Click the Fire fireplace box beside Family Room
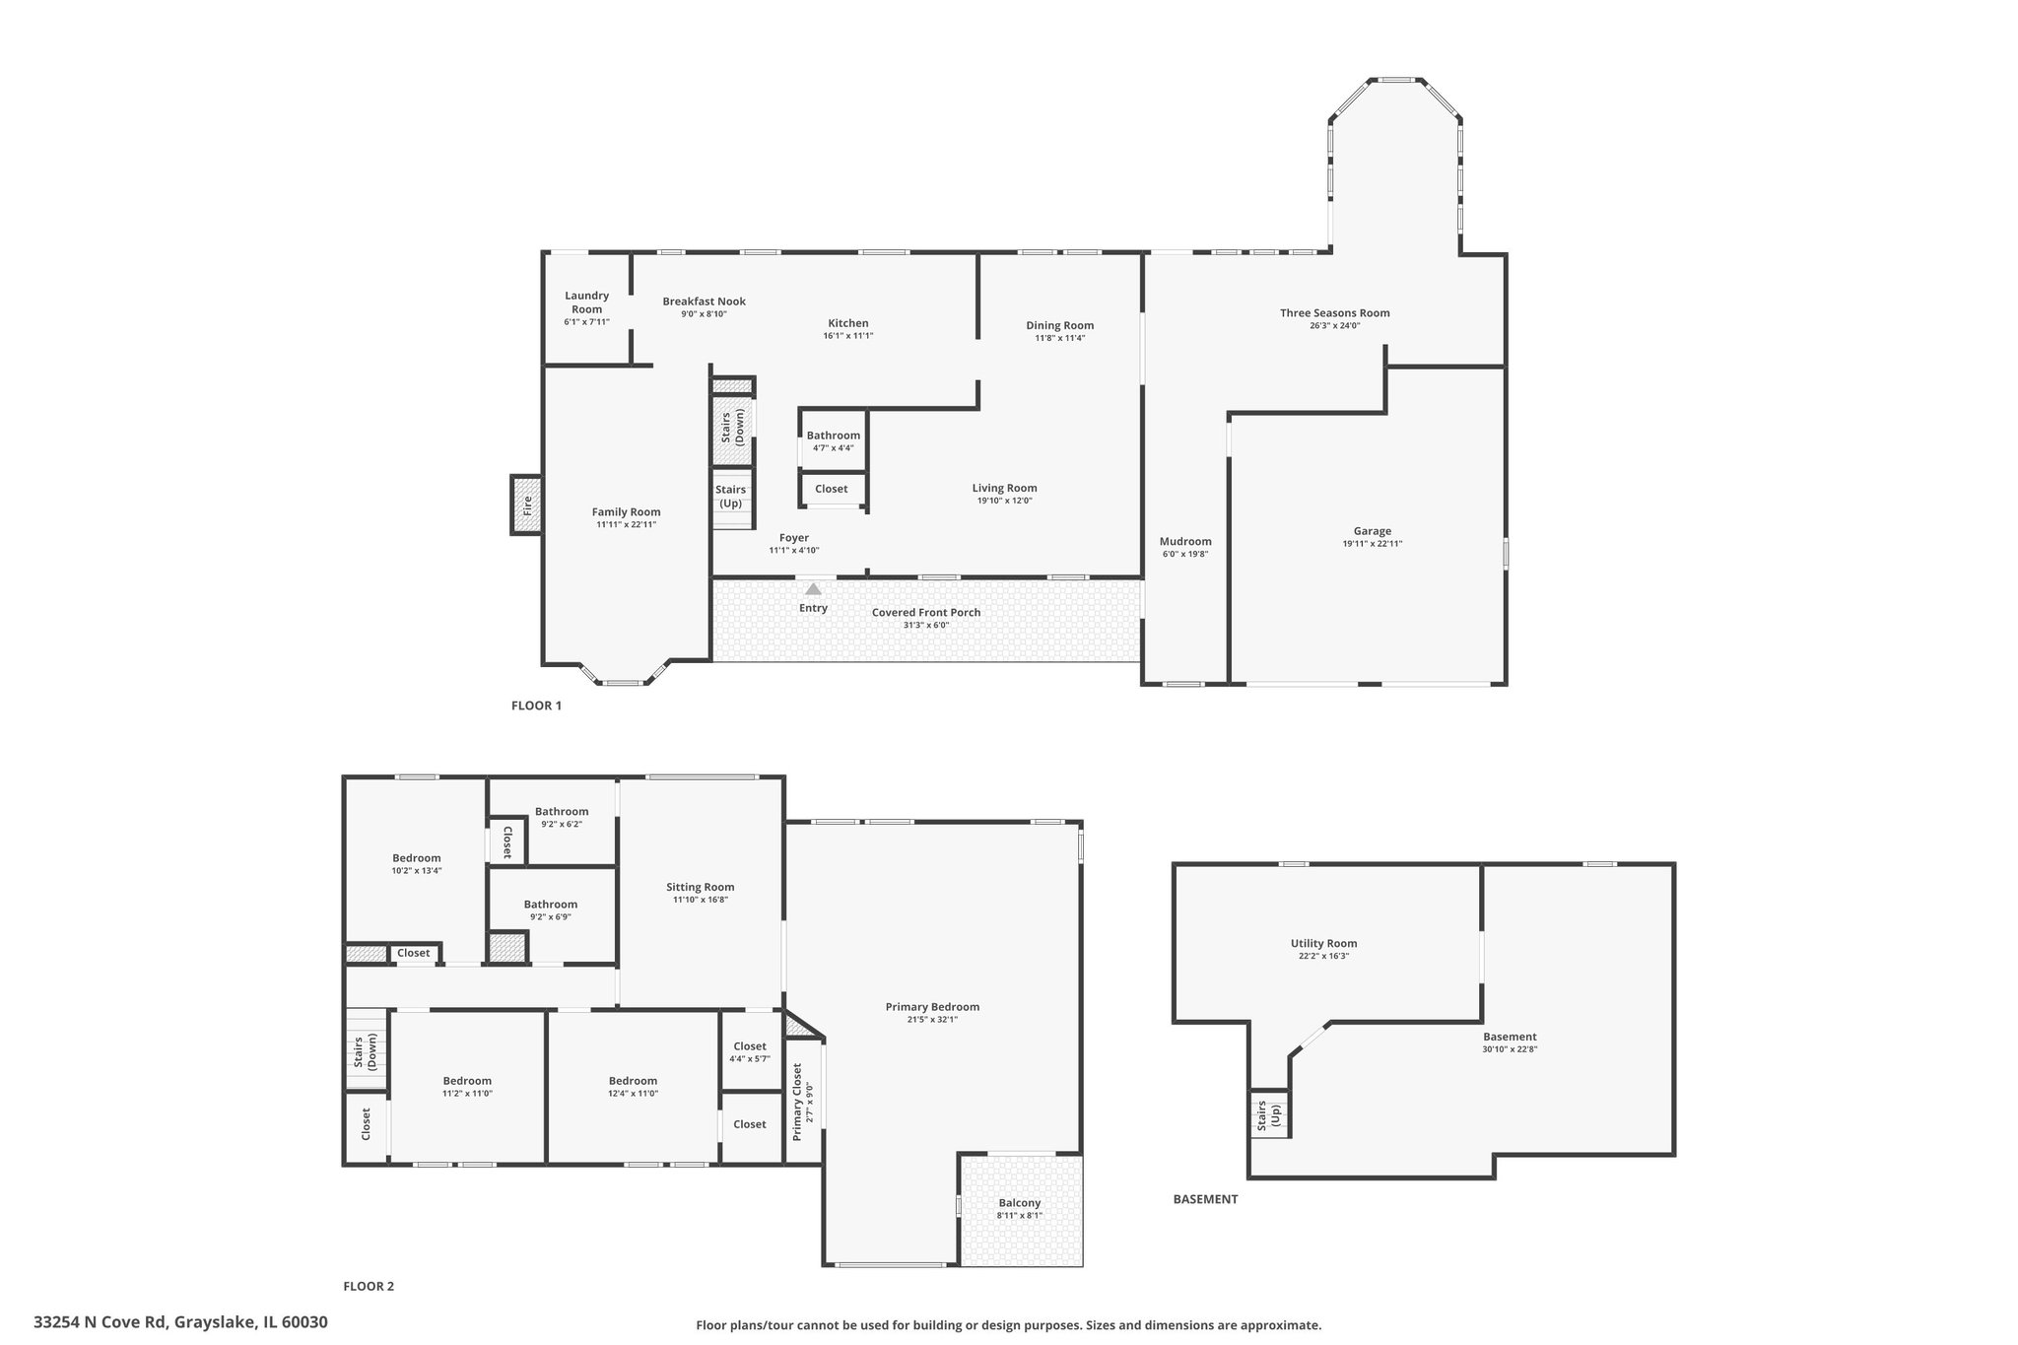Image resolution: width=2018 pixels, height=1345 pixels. point(527,505)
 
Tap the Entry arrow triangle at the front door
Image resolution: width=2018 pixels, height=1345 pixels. point(813,589)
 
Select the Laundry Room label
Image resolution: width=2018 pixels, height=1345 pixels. point(586,303)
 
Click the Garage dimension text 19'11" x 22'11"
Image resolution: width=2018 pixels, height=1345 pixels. point(1372,544)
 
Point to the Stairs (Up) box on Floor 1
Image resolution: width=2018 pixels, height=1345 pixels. point(731,498)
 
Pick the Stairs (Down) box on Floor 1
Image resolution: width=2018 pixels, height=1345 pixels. point(733,426)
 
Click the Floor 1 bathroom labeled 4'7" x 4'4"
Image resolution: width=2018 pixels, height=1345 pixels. point(833,440)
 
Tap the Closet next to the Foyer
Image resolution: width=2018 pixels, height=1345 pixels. point(831,489)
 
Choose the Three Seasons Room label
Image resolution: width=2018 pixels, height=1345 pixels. point(1334,313)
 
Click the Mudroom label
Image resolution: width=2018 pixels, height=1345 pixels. point(1184,541)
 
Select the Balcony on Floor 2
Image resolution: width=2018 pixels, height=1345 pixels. point(1019,1208)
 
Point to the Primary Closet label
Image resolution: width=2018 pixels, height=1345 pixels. point(797,1102)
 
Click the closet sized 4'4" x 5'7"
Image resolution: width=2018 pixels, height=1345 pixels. point(749,1051)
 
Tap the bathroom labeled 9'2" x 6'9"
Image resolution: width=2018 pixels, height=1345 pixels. point(550,909)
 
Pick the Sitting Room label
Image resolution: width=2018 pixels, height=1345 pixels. point(700,887)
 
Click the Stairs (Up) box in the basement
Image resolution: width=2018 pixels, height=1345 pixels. point(1269,1114)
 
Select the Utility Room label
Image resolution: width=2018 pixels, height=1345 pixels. point(1323,943)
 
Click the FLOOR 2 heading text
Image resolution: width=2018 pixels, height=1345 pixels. point(369,1286)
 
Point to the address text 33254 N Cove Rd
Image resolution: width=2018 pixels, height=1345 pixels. point(180,1322)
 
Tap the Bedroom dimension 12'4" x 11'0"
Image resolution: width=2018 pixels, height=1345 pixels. point(633,1094)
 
